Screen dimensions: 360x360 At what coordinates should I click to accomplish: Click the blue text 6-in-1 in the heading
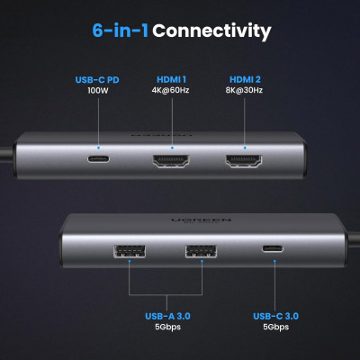tap(121, 31)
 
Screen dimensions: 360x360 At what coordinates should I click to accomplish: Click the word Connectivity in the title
tap(211, 31)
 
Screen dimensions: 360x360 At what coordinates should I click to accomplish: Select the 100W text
tap(96, 91)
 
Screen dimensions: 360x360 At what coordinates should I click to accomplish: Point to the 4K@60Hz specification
tap(169, 91)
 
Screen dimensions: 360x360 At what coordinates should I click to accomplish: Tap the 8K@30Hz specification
tap(243, 91)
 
